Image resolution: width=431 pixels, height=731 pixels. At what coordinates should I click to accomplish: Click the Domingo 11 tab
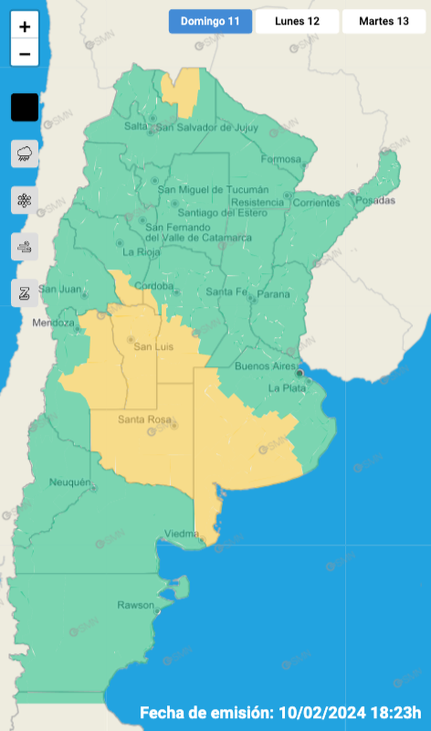210,21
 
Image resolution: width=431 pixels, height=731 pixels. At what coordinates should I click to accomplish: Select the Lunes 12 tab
297,21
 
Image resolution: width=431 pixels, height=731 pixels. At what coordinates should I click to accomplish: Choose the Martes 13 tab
384,21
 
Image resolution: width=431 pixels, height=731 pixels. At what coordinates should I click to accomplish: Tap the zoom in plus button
25,27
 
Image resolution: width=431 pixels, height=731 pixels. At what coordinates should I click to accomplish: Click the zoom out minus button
25,54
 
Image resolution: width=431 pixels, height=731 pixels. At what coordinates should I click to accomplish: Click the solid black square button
25,107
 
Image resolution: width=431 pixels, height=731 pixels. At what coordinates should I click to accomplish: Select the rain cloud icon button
25,153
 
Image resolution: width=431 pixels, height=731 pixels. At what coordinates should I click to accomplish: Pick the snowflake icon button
25,200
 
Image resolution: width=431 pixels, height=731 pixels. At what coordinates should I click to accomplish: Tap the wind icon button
25,247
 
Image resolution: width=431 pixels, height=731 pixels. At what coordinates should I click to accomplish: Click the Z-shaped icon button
25,293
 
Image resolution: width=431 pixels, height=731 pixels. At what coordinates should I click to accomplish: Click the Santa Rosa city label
144,420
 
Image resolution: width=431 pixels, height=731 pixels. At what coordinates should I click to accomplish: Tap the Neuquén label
70,482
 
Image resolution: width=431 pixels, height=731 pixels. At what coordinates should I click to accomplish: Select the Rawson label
135,605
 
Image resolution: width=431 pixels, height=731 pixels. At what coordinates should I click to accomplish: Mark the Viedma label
182,533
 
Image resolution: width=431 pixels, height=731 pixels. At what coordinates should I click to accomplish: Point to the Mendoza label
53,323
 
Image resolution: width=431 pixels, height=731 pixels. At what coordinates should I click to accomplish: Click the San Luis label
153,346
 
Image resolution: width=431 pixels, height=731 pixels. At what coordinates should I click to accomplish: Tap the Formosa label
281,159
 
